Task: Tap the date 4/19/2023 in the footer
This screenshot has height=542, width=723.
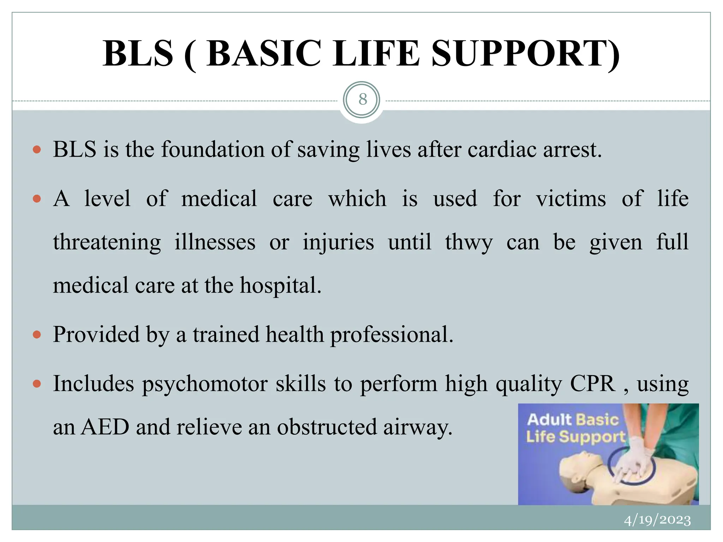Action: tap(657, 520)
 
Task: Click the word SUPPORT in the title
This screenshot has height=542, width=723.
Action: tap(525, 54)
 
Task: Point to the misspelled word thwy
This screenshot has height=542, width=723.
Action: tap(468, 243)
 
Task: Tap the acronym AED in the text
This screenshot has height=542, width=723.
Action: tap(105, 427)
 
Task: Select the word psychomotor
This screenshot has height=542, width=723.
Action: tap(205, 384)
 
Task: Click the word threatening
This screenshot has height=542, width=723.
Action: tap(107, 243)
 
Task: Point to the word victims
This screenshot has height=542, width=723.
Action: tap(571, 199)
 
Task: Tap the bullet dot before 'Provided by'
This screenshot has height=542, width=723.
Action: tap(37, 335)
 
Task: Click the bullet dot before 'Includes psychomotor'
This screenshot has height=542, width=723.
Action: tap(37, 384)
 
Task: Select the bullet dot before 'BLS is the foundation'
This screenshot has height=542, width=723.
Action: tap(37, 150)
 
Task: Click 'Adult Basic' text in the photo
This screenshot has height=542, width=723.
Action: tap(573, 420)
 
